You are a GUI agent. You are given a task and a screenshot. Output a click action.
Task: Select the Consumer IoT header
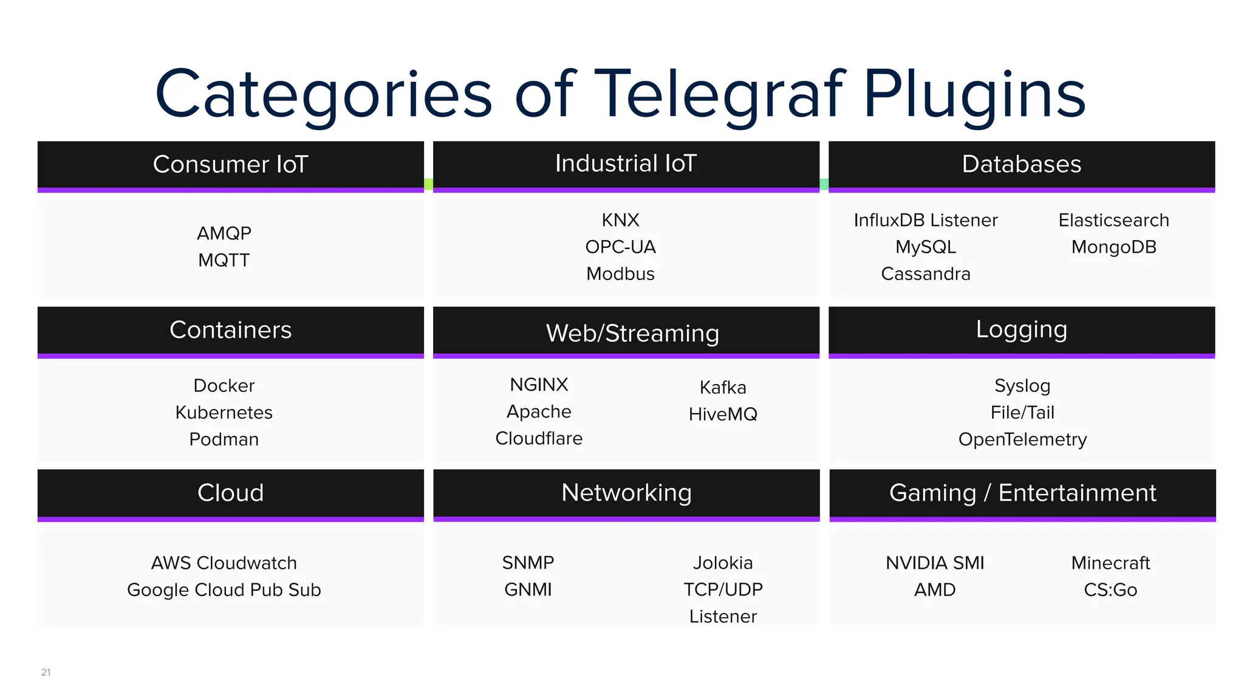click(230, 164)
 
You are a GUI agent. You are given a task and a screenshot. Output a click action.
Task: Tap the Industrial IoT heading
click(626, 163)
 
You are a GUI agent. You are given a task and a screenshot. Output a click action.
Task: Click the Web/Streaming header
click(632, 333)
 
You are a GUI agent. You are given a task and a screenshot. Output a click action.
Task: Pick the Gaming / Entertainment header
click(1022, 493)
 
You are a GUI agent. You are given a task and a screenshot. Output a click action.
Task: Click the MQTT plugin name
click(224, 260)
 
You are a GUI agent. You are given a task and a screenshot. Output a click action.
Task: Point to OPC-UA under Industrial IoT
click(620, 247)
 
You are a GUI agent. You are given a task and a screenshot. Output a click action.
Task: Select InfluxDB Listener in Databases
click(925, 220)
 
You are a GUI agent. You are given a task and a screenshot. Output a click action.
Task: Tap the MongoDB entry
click(1113, 247)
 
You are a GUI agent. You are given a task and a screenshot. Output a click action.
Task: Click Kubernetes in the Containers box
click(224, 413)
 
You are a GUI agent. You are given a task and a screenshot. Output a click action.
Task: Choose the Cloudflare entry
click(539, 438)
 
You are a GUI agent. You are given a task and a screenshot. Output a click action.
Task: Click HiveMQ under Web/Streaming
click(723, 414)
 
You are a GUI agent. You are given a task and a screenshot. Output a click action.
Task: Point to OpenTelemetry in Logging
click(1022, 439)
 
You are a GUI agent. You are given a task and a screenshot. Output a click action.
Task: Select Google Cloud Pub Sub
click(224, 589)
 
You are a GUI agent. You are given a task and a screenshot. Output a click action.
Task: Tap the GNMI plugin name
click(528, 589)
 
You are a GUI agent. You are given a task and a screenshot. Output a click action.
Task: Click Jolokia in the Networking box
click(723, 563)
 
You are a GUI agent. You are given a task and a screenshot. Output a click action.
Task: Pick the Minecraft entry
click(1110, 563)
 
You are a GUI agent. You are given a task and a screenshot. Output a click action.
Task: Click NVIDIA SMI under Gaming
click(935, 563)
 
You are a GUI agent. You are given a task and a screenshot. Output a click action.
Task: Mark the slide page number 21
click(46, 672)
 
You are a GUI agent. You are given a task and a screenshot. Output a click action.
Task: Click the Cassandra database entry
click(925, 274)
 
